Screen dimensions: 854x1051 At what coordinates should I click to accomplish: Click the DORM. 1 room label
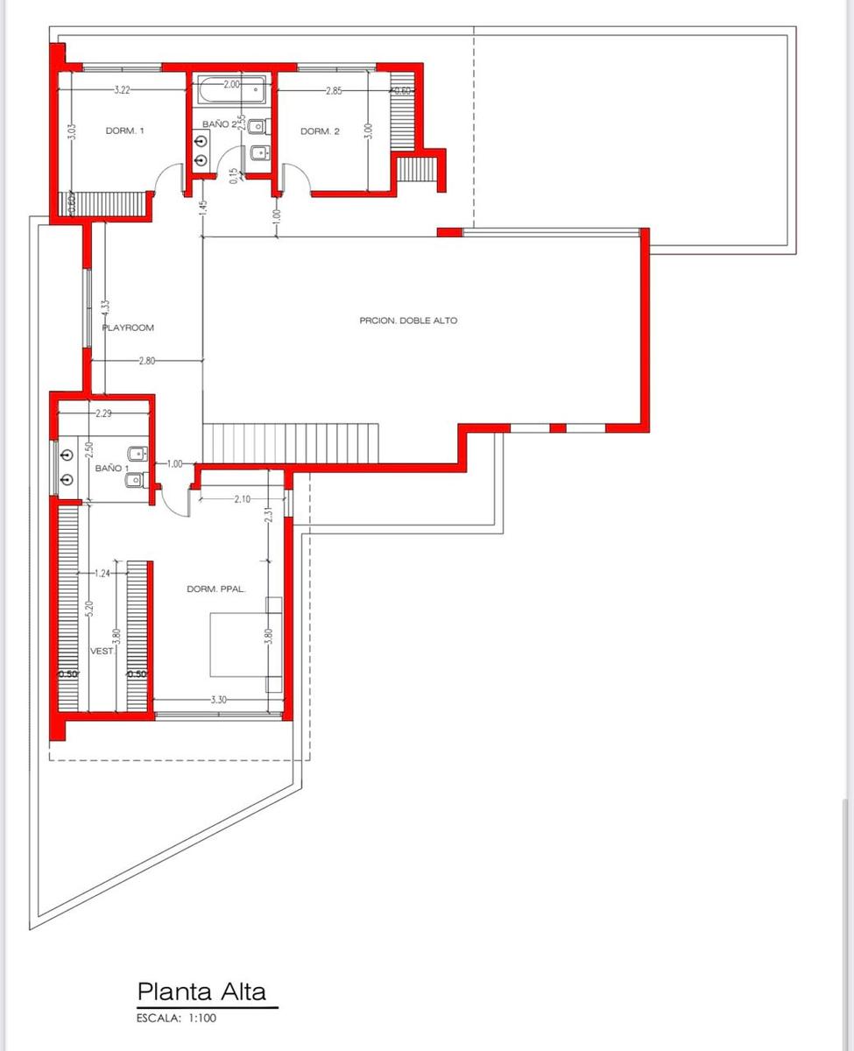click(125, 130)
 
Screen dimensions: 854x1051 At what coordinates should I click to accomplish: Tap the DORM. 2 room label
click(320, 131)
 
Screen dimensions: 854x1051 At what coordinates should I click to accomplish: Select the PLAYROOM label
click(128, 328)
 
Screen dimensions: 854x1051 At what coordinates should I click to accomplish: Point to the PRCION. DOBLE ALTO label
click(408, 321)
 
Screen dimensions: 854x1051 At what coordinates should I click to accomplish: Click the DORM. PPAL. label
click(216, 589)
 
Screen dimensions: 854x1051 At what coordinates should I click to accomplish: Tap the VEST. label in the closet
click(102, 652)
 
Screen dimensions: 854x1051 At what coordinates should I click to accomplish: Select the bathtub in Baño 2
click(231, 89)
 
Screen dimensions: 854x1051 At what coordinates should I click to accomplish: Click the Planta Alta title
click(201, 977)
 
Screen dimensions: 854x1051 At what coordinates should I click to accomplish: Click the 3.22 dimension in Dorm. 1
click(122, 90)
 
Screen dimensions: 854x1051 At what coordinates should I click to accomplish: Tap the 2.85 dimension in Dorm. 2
click(334, 91)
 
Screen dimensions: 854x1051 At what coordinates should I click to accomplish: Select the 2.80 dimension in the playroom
click(146, 361)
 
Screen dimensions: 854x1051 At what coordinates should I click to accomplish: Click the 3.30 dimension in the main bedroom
click(219, 700)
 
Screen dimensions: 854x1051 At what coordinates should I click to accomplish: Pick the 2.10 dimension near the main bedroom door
click(242, 499)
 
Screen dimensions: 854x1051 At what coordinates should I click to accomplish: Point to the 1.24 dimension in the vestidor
click(102, 574)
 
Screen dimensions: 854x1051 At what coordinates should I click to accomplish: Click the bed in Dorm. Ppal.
click(246, 645)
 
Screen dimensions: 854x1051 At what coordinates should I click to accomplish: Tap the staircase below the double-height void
click(291, 443)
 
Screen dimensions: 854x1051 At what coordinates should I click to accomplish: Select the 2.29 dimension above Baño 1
click(103, 413)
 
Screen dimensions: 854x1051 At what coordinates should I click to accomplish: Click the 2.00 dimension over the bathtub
click(231, 84)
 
